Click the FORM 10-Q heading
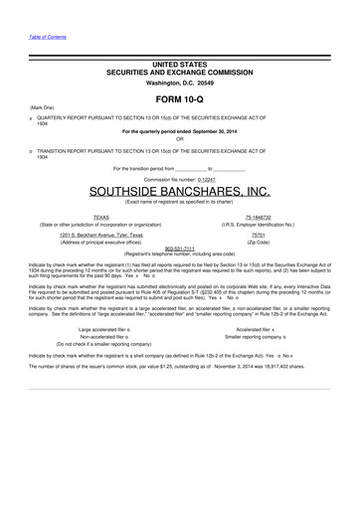pos(180,100)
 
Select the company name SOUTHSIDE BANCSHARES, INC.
pos(179,190)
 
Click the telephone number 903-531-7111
pos(179,248)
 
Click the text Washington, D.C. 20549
pos(179,81)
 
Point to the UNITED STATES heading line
pos(179,64)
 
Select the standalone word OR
pos(180,138)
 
